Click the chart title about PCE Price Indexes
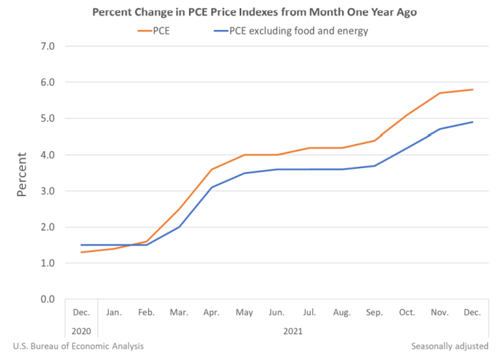(x=248, y=12)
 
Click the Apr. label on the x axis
(x=212, y=312)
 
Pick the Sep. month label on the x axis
(x=374, y=312)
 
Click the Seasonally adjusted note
(x=449, y=346)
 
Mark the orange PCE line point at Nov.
(x=439, y=93)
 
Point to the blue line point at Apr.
(x=212, y=187)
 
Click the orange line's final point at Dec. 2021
(x=472, y=89)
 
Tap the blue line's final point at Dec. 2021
(x=472, y=122)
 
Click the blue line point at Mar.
(x=179, y=227)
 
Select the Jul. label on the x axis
(x=309, y=312)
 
